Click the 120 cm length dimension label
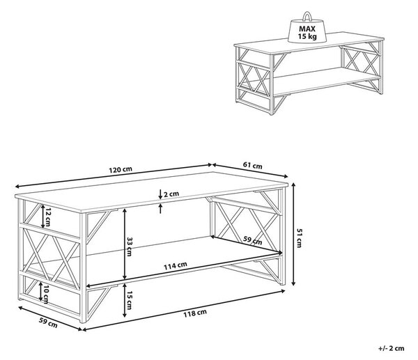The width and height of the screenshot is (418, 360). point(121,170)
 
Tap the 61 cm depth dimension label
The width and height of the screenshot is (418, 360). point(252,166)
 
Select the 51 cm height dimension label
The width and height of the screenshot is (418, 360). point(299,238)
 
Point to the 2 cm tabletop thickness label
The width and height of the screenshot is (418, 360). point(171,194)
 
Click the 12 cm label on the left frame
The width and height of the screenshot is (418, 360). point(47,217)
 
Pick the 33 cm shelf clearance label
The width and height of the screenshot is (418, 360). point(129,246)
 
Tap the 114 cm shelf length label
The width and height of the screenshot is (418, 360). point(175,265)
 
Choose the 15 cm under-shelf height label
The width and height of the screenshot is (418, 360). point(129,300)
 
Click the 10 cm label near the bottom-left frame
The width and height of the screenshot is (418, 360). point(45,294)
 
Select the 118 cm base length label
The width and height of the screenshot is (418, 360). point(195,313)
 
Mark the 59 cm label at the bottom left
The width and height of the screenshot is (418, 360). point(48,322)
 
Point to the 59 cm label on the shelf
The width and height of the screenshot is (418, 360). point(253,240)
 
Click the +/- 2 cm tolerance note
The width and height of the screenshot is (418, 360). point(391,348)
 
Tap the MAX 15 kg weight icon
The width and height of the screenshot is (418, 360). point(307,27)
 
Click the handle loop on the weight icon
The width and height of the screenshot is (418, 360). point(307,16)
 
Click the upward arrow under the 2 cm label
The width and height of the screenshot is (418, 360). point(160,208)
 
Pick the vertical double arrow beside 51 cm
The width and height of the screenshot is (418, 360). point(293,234)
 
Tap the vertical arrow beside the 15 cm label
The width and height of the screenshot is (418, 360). point(124,300)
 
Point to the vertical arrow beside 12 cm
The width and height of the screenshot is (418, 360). point(43,217)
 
